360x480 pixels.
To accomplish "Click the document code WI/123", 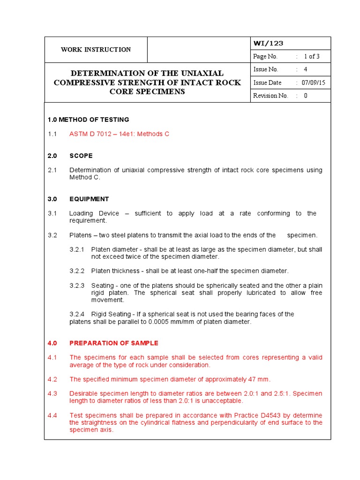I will [x=268, y=44].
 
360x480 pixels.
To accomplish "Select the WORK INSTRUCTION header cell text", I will [x=96, y=50].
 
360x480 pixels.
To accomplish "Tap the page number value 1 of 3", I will [x=312, y=56].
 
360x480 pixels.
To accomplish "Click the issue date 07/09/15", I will [x=314, y=82].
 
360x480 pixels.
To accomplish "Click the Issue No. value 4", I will [x=306, y=69].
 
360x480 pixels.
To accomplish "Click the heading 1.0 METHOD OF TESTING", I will [x=89, y=120].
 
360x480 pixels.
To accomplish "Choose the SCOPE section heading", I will [x=81, y=156].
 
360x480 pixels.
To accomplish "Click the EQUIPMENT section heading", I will [x=89, y=199].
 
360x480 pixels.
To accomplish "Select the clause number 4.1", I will [x=52, y=358].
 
